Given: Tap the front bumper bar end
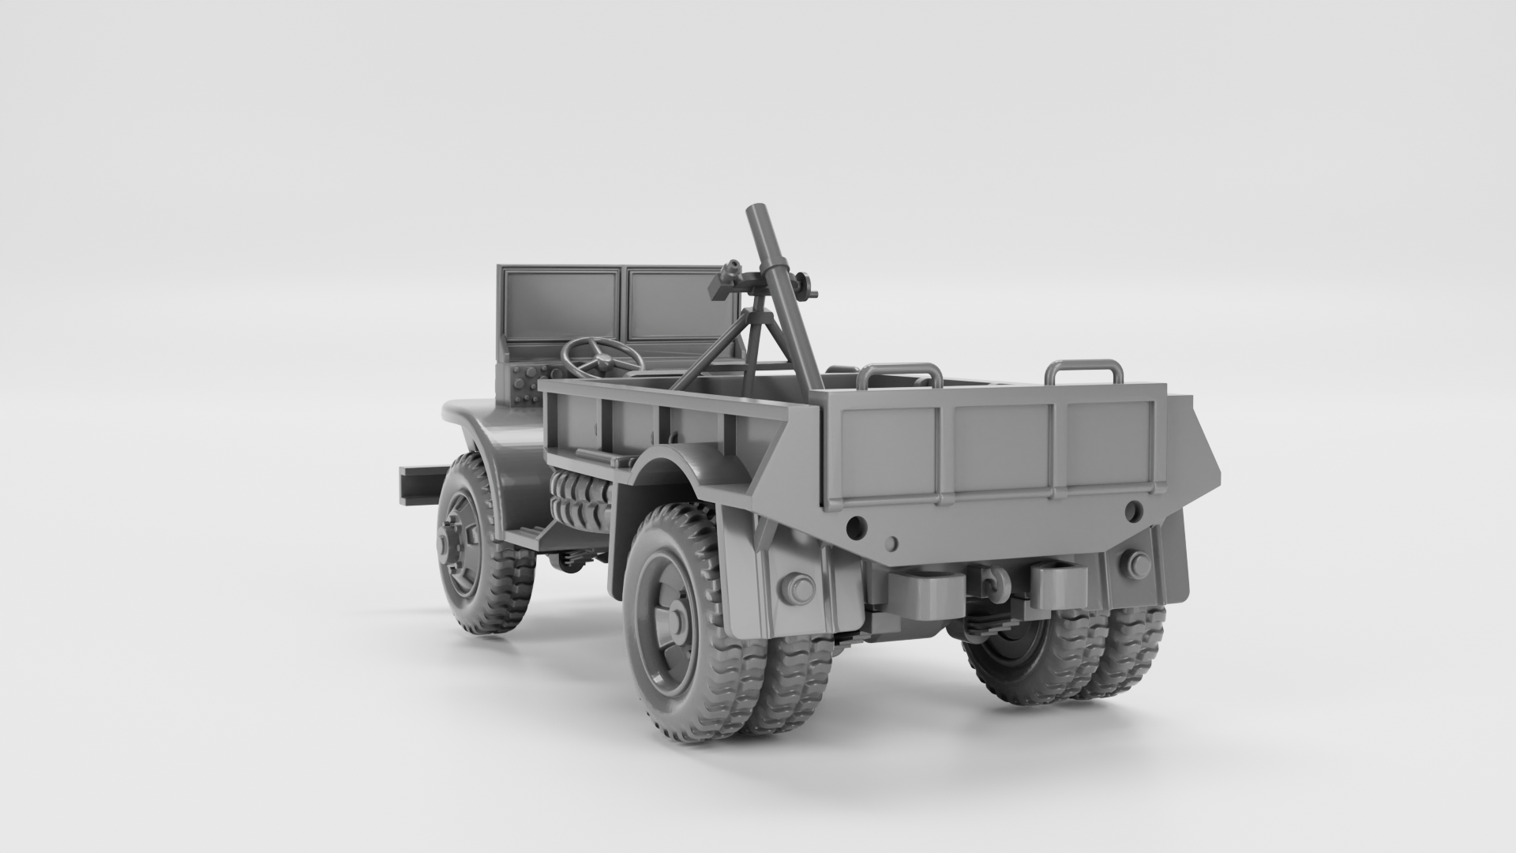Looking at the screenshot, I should pyautogui.click(x=418, y=483).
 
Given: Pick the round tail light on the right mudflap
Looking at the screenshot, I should pyautogui.click(x=1138, y=564).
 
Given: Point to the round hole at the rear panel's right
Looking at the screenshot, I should pyautogui.click(x=1132, y=509).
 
